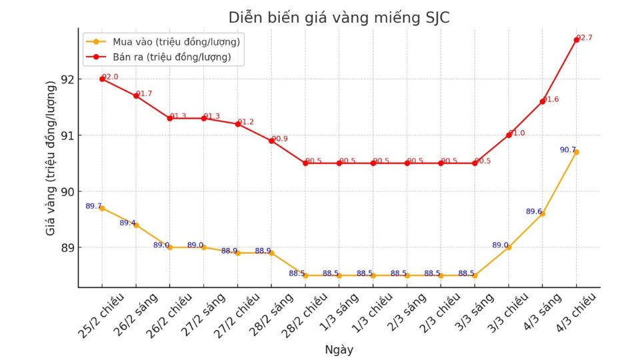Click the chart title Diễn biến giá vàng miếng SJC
tap(339, 18)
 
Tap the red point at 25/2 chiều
tap(102, 79)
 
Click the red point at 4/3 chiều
tap(577, 40)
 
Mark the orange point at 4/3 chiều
tap(577, 152)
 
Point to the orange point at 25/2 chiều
tap(102, 208)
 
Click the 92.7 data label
tap(585, 38)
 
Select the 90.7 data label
tap(567, 150)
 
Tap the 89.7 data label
tap(93, 206)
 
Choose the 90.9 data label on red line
tap(280, 139)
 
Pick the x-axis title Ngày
tap(339, 349)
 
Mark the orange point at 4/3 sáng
tap(543, 213)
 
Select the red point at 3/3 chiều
tap(509, 135)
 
